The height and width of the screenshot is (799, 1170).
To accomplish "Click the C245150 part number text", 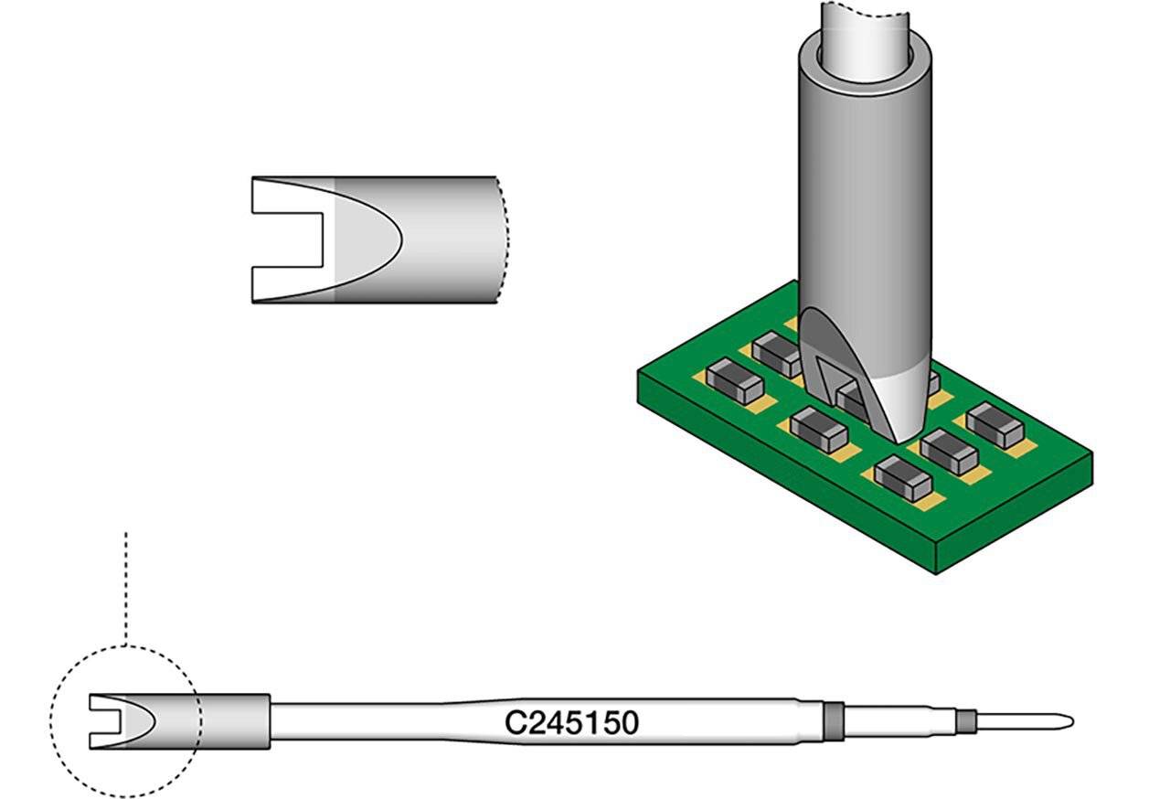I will point(571,722).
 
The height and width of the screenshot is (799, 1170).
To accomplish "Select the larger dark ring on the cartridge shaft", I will point(832,720).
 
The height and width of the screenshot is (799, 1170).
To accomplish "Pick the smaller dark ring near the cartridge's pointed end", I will point(962,722).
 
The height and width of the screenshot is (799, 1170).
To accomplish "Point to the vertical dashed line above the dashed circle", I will point(126,585).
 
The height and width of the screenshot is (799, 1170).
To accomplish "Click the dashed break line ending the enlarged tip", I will point(502,240).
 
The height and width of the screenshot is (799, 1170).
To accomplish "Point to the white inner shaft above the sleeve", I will point(865,23).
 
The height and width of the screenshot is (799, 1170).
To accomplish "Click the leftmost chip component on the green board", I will point(734,380).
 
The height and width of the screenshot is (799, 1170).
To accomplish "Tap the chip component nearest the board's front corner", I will point(902,476).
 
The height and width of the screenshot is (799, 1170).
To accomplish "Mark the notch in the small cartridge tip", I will point(101,722).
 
